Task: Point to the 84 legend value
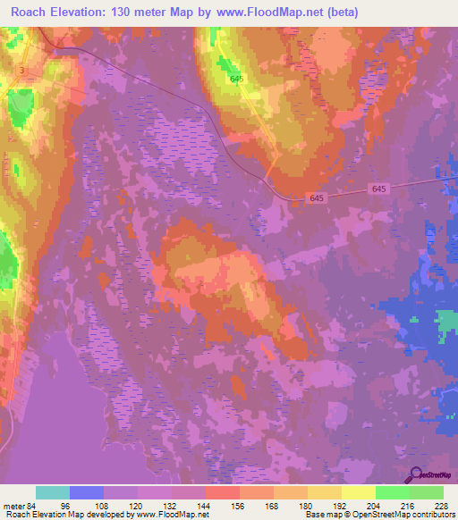point(34,505)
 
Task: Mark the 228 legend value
point(439,505)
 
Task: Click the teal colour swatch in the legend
point(53,492)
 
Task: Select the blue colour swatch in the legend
point(87,492)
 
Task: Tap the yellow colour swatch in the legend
point(358,492)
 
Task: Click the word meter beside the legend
point(12,505)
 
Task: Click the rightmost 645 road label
point(378,189)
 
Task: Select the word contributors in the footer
point(432,515)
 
